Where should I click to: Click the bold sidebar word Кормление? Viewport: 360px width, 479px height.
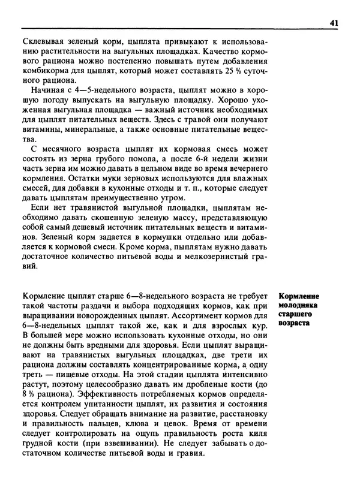(x=299, y=297)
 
